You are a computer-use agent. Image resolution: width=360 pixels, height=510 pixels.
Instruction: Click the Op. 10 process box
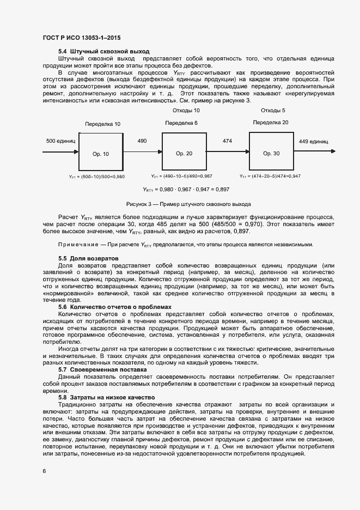[100, 153]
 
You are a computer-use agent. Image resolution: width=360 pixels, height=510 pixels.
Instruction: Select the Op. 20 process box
[184, 153]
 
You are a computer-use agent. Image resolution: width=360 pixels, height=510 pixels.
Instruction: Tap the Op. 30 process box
[271, 153]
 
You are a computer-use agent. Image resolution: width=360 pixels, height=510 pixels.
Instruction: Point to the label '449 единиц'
[313, 141]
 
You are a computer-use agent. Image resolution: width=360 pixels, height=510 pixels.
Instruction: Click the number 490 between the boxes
[142, 141]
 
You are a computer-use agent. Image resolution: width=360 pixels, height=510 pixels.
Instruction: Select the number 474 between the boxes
[228, 141]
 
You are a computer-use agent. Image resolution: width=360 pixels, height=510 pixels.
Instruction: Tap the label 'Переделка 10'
[103, 124]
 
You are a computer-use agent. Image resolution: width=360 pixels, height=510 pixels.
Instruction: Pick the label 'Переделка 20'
[271, 122]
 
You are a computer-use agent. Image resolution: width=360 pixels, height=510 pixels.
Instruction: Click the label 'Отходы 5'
[273, 111]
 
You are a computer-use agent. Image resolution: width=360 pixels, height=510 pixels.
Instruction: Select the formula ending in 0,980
[97, 177]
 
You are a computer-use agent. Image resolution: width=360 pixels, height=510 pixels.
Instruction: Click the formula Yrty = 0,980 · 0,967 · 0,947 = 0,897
[179, 190]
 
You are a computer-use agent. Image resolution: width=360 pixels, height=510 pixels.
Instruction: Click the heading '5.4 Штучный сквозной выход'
[96, 51]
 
